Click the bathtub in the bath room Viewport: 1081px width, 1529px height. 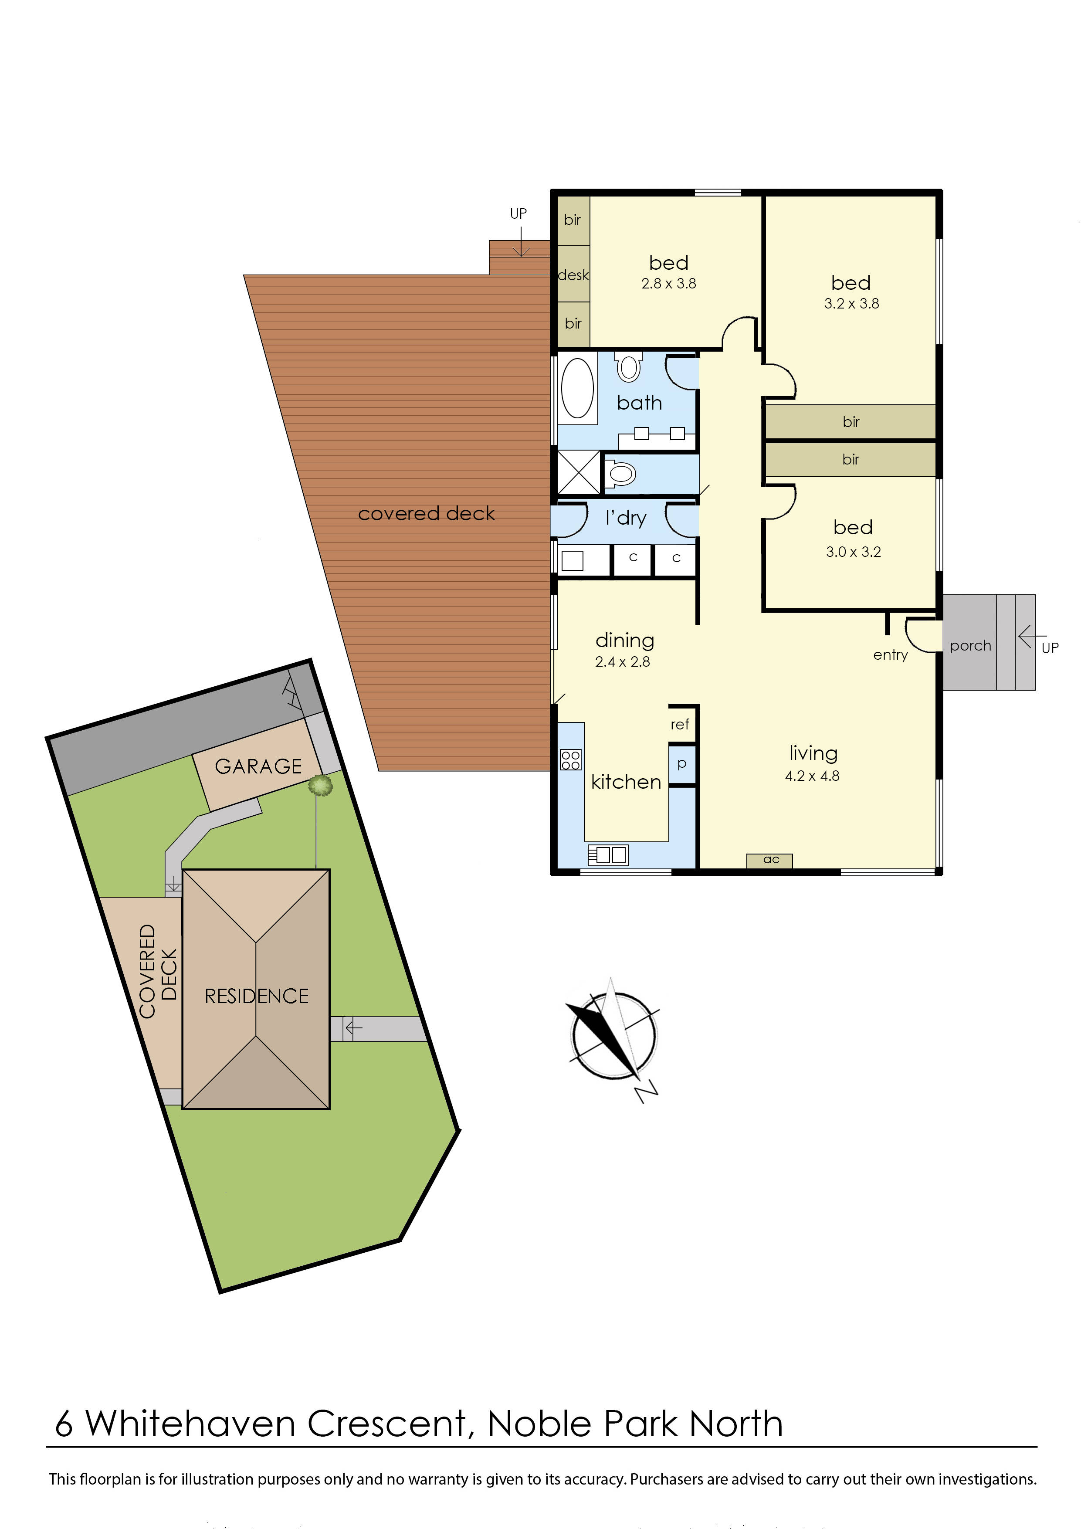[577, 388]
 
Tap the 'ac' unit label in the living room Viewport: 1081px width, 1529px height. [771, 860]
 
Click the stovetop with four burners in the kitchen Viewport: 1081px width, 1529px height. [571, 760]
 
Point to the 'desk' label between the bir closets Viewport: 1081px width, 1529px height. [573, 275]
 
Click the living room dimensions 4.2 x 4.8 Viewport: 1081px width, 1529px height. [812, 776]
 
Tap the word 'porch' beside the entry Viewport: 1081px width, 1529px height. [970, 645]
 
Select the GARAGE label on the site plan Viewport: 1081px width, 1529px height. [258, 766]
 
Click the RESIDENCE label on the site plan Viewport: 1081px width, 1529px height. [257, 996]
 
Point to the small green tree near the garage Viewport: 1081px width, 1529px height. [320, 785]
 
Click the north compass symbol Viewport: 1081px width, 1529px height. [613, 1036]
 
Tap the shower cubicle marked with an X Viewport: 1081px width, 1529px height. [578, 473]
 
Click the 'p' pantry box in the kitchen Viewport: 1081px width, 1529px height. [681, 764]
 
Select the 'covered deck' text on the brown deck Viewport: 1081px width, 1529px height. [426, 513]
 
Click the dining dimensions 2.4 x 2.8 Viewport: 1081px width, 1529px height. [622, 661]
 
